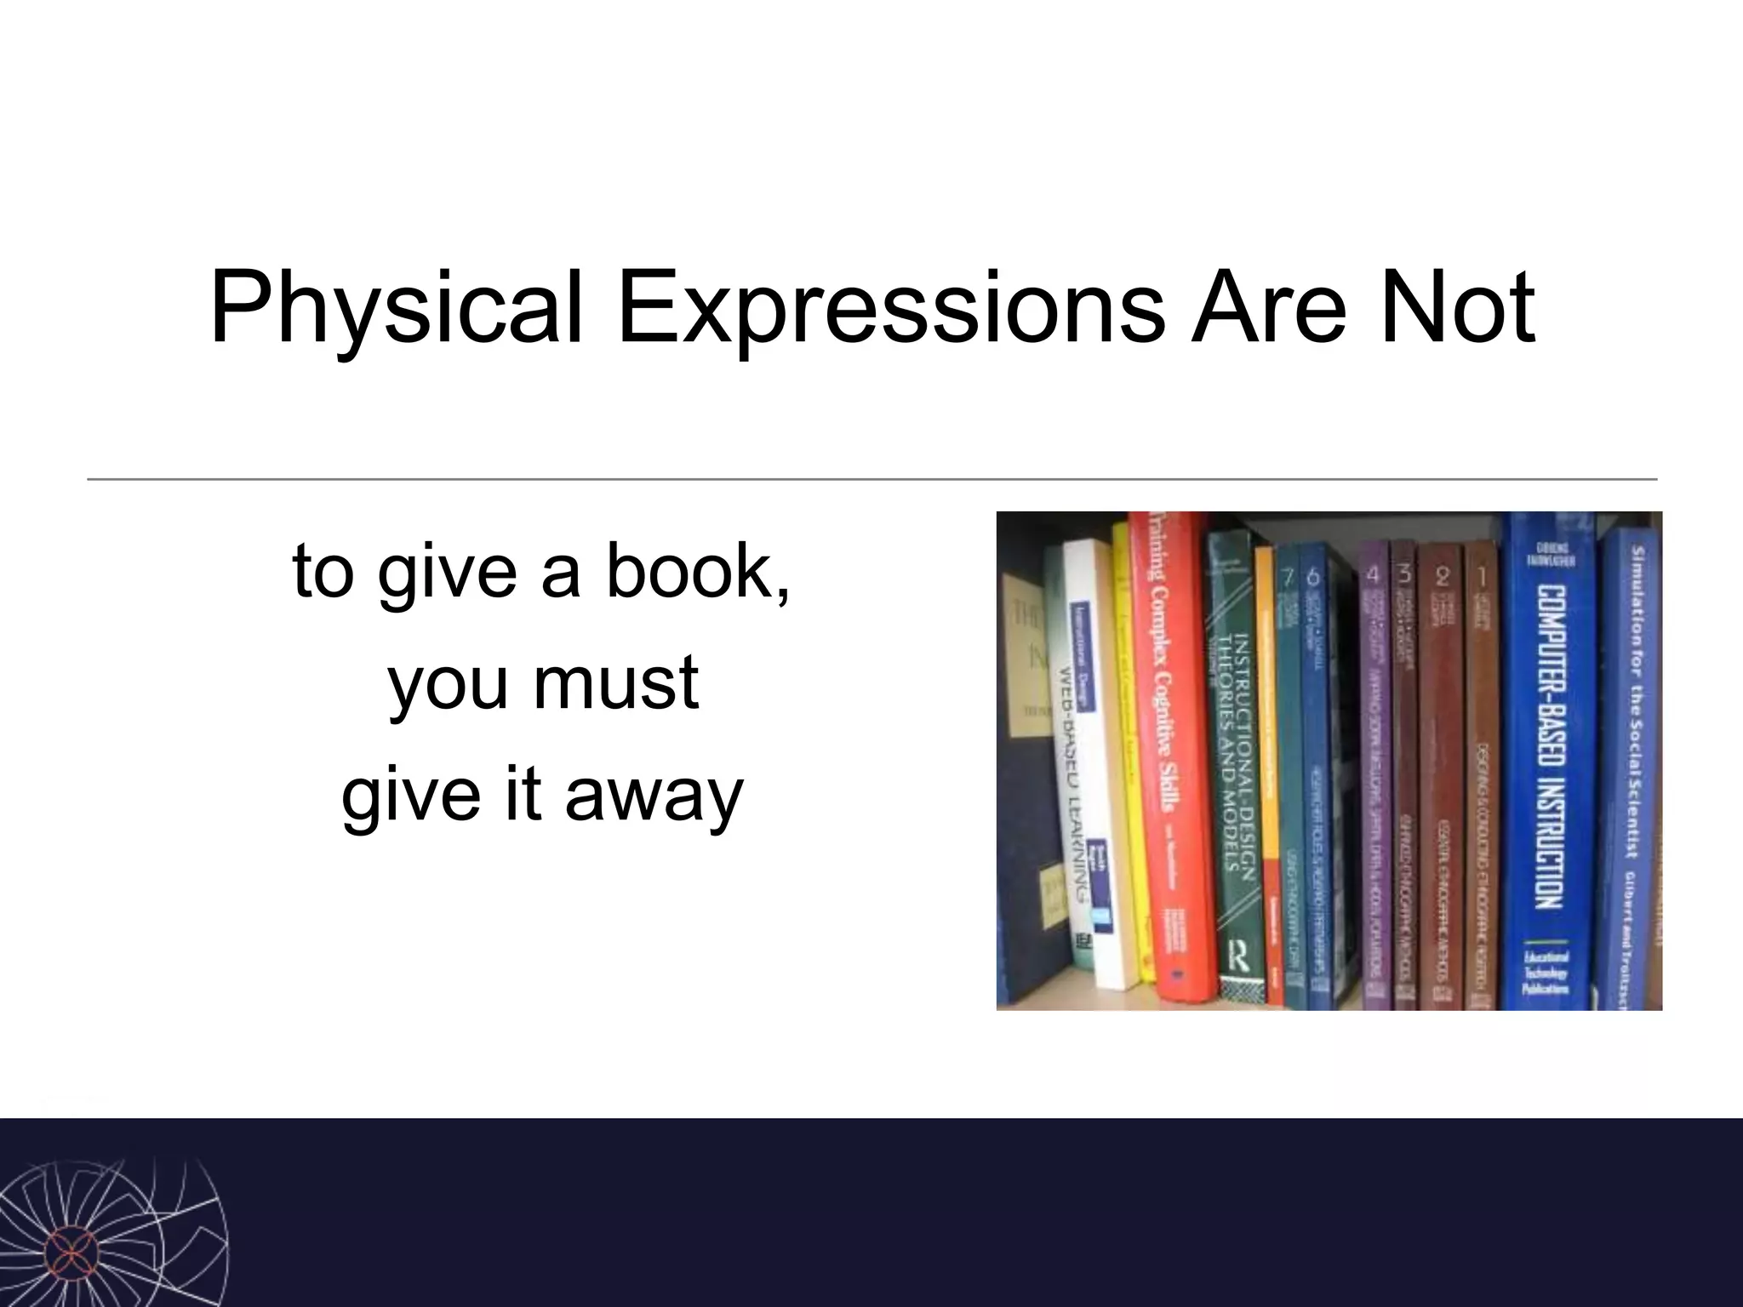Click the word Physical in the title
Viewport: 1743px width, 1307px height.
[397, 308]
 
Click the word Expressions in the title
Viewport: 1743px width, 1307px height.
[890, 308]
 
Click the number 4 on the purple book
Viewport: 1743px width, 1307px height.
[1373, 575]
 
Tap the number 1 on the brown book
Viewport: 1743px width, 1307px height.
[1482, 577]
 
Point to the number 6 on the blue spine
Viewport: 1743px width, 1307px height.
[1313, 576]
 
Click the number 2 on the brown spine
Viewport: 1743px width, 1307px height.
[1442, 576]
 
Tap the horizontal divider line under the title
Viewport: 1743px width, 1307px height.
[871, 480]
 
